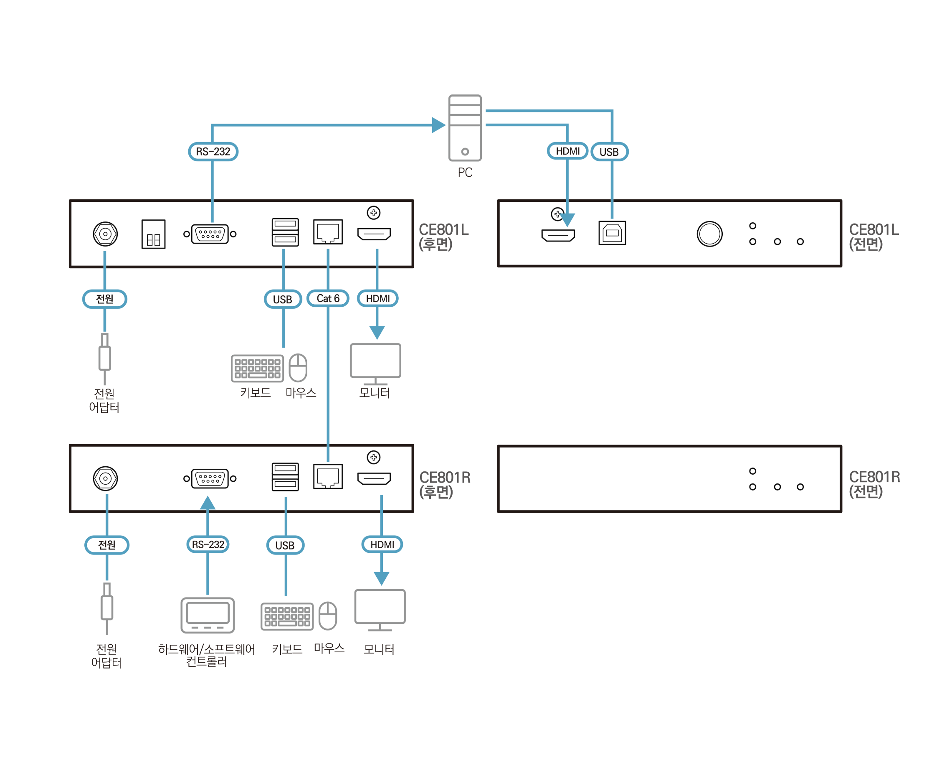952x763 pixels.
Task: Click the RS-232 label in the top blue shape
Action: pyautogui.click(x=213, y=152)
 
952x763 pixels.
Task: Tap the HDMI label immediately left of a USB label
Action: pyautogui.click(x=567, y=151)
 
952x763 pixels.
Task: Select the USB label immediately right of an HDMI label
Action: pyautogui.click(x=609, y=152)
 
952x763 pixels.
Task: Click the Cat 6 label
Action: pyautogui.click(x=328, y=299)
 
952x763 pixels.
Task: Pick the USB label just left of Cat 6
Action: pyautogui.click(x=283, y=300)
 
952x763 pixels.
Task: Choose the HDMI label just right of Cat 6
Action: pyautogui.click(x=377, y=299)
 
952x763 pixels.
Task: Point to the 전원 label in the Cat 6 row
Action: pyautogui.click(x=105, y=299)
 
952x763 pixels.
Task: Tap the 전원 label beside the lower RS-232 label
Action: pyautogui.click(x=107, y=545)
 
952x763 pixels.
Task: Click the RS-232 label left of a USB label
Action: pyautogui.click(x=208, y=544)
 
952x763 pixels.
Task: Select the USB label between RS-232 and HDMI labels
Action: pyautogui.click(x=285, y=545)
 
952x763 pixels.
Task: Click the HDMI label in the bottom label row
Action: pyautogui.click(x=382, y=544)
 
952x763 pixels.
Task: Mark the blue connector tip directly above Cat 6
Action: pyautogui.click(x=328, y=255)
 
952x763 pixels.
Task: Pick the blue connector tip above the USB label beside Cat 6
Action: pyautogui.click(x=283, y=256)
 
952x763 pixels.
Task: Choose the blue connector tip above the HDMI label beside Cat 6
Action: pyautogui.click(x=377, y=255)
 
